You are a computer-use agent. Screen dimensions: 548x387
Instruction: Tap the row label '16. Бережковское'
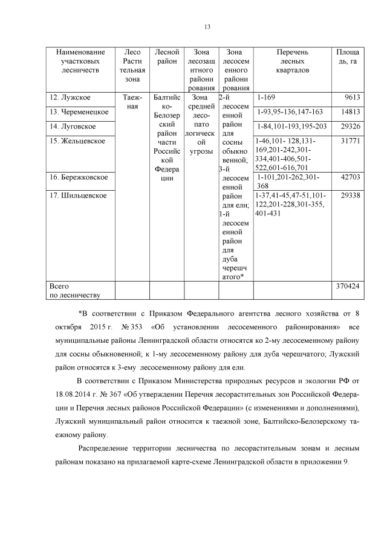click(79, 177)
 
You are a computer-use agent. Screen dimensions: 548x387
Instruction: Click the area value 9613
click(352, 98)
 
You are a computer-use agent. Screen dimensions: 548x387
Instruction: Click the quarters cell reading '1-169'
click(266, 98)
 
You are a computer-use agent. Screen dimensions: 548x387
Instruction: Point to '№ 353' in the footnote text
click(132, 328)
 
